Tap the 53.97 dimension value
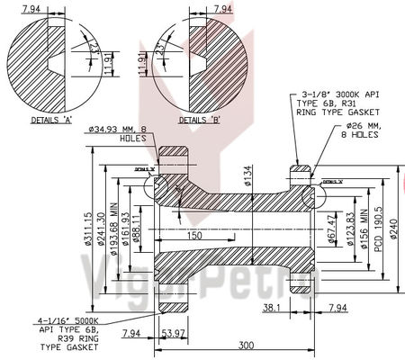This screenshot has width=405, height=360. (x=172, y=334)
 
